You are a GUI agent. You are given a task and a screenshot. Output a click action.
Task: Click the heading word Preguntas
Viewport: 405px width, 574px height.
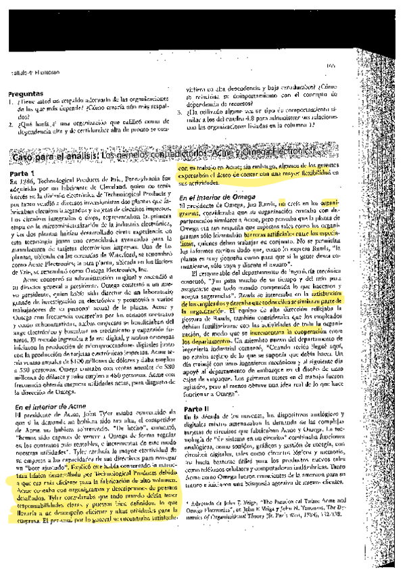point(26,93)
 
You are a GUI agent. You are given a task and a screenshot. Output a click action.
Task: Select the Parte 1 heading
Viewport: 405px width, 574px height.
point(23,174)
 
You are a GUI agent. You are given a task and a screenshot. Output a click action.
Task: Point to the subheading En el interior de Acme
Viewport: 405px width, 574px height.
point(47,405)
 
